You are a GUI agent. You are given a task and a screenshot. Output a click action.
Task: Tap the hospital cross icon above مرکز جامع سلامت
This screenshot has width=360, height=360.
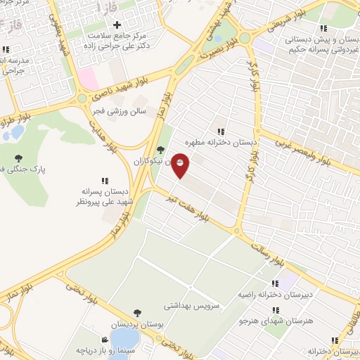117,25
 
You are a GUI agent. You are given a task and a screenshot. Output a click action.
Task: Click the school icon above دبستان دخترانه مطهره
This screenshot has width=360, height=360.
221,131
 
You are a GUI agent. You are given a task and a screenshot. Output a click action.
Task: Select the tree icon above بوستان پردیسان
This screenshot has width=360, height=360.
137,313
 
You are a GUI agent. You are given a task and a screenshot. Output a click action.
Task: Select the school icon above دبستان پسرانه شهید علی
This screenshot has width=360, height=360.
105,181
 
